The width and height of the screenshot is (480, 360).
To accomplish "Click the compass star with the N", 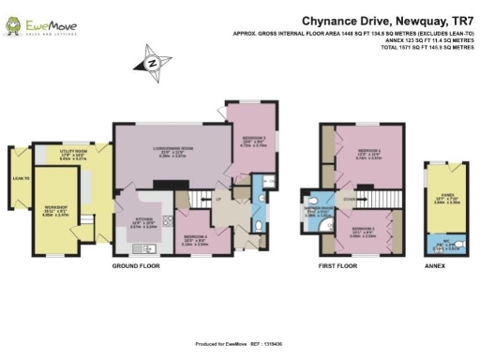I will coord(152,64).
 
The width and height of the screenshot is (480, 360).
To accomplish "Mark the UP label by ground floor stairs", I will coord(218,200).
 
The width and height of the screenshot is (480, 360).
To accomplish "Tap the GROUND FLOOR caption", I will coord(137,266).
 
